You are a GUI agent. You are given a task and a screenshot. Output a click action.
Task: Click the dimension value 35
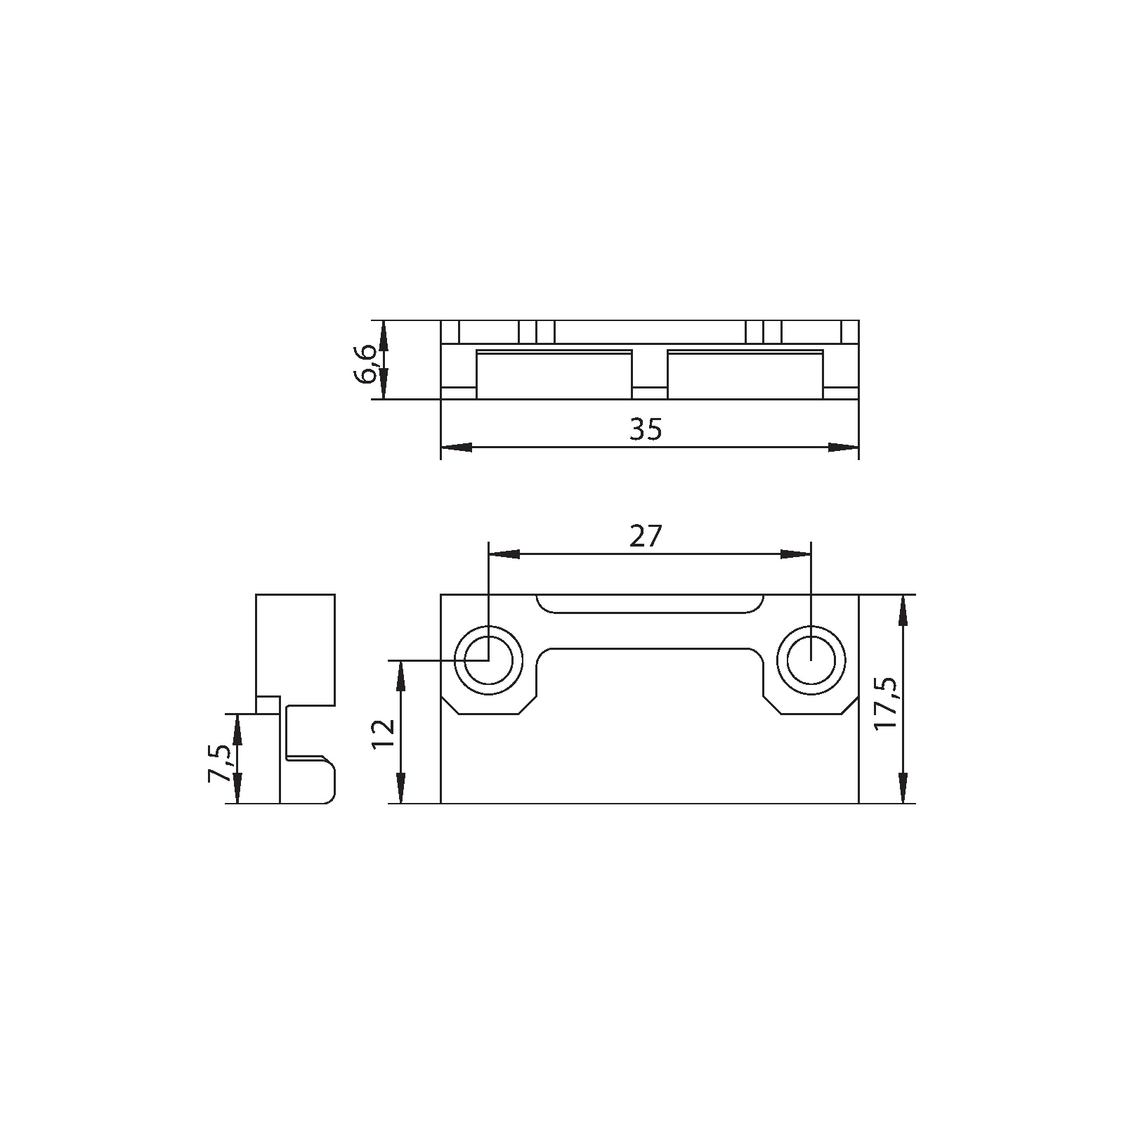(646, 429)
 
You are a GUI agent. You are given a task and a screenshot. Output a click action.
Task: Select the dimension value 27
(646, 537)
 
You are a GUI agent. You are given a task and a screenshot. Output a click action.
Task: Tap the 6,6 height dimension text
(367, 364)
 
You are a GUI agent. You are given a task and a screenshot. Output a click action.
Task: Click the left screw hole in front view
(488, 660)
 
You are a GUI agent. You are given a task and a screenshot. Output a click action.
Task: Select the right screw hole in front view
(811, 660)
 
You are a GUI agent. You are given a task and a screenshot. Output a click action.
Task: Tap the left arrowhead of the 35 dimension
(455, 447)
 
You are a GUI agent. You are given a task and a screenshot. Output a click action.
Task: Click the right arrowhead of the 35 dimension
(844, 447)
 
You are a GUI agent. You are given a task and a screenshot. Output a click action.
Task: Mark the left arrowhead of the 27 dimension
(504, 554)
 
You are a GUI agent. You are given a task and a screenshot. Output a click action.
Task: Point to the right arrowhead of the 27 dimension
(795, 554)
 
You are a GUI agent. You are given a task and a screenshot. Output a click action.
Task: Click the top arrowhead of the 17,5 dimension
(903, 610)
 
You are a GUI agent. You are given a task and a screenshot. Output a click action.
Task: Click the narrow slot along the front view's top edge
(649, 603)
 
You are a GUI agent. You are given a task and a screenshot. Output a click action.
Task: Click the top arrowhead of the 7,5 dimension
(237, 728)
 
